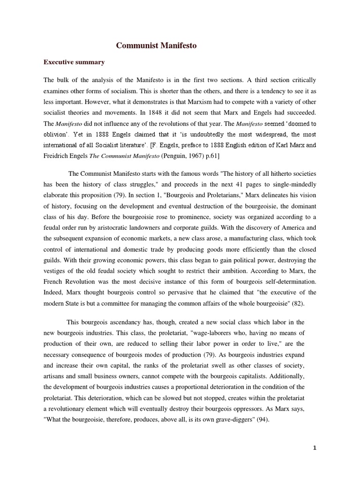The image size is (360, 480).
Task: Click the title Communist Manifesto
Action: tap(156, 46)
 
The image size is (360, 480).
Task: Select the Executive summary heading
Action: tap(74, 62)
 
